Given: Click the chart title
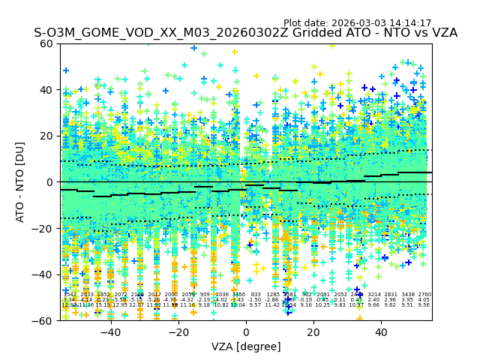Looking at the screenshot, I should coord(245,34).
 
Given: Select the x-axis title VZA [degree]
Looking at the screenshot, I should coord(246,346).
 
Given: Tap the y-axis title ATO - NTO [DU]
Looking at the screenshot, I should coord(21,181).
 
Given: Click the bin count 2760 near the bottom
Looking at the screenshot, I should coord(424,295).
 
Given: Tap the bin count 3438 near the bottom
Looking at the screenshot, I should coord(408,295).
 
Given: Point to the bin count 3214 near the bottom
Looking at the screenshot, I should coord(373,295).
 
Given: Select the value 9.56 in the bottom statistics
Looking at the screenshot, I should coord(424,305).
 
